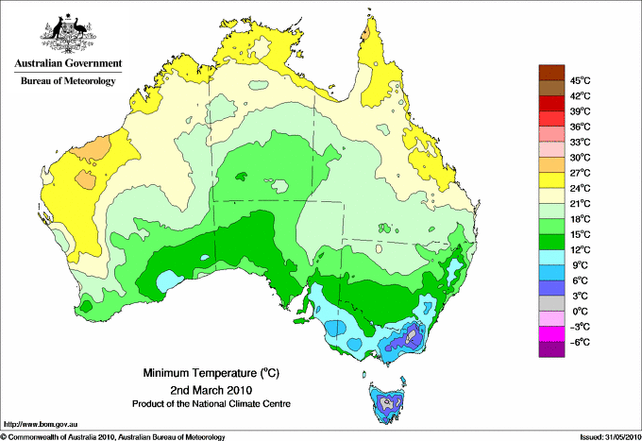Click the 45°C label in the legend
tap(580, 80)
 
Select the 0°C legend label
tap(579, 311)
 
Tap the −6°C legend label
tap(579, 342)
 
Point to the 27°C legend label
tap(580, 173)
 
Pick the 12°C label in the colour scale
tap(580, 249)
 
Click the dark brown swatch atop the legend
tap(549, 73)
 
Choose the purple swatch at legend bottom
tap(549, 349)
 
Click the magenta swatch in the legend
tap(549, 334)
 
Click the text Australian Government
tap(67, 63)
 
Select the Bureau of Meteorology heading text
tap(67, 81)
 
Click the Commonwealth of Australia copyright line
tap(113, 436)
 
